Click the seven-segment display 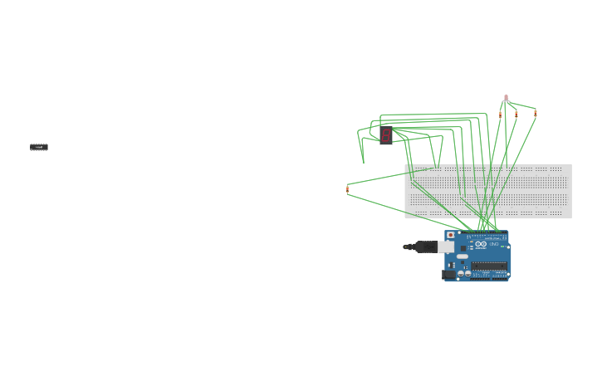(386, 135)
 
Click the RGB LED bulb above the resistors (507, 97)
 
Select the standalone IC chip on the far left (39, 147)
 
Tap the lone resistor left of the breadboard (347, 189)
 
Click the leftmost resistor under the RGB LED (500, 112)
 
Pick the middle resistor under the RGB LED (516, 114)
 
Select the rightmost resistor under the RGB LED (535, 113)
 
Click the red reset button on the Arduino (451, 236)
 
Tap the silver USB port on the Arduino (447, 247)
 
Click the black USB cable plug (424, 247)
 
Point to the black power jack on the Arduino (449, 274)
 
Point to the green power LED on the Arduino (503, 247)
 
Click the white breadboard (488, 191)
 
